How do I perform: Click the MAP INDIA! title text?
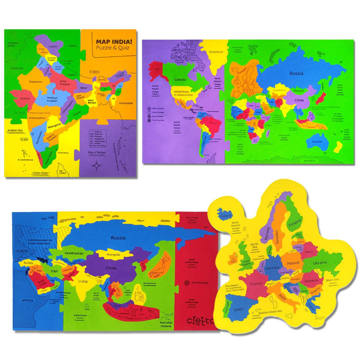(114, 41)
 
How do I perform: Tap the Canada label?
(180, 79)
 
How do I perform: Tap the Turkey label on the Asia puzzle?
(28, 263)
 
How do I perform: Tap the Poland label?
(293, 263)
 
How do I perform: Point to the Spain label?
(238, 309)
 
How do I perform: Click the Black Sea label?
(332, 280)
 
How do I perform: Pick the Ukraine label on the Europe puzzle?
(319, 262)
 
